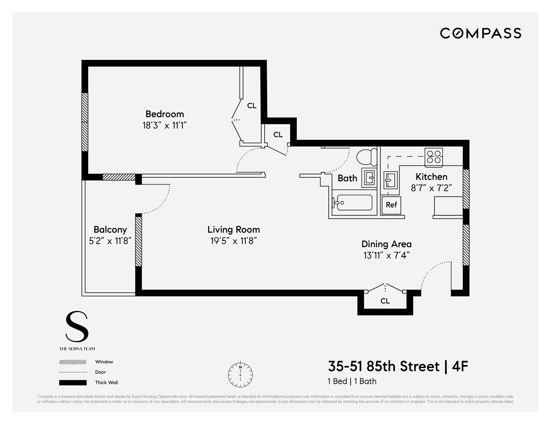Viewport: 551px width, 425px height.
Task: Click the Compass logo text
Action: pyautogui.click(x=480, y=33)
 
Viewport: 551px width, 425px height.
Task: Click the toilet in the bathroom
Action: pyautogui.click(x=367, y=157)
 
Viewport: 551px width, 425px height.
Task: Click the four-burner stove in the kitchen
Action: pyautogui.click(x=433, y=157)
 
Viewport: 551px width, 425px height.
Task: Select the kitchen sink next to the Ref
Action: pyautogui.click(x=390, y=180)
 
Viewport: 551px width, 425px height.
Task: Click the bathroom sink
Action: pyautogui.click(x=369, y=178)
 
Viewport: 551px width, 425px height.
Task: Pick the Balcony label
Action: pyautogui.click(x=110, y=229)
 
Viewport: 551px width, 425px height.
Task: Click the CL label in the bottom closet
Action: pyautogui.click(x=385, y=301)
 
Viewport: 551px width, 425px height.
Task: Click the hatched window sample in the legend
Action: pyautogui.click(x=73, y=362)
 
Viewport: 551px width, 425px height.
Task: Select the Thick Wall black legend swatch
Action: pyautogui.click(x=73, y=383)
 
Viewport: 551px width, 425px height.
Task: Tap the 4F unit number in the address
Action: pyautogui.click(x=460, y=366)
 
